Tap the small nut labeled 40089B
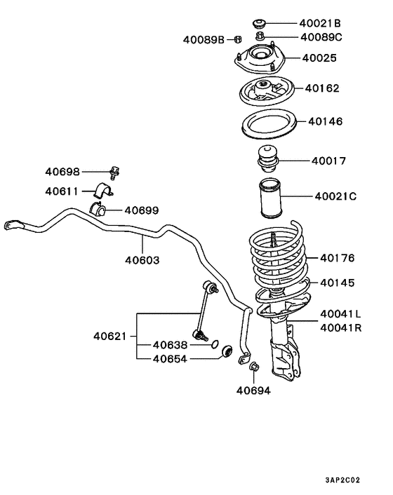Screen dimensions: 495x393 coord(239,39)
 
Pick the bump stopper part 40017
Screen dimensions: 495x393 coord(267,161)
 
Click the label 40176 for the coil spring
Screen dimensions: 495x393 coord(338,258)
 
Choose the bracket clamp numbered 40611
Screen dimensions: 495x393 coord(103,191)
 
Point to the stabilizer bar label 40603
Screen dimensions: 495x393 coord(142,259)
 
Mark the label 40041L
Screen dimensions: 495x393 coord(340,314)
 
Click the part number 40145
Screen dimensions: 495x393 coord(338,283)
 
